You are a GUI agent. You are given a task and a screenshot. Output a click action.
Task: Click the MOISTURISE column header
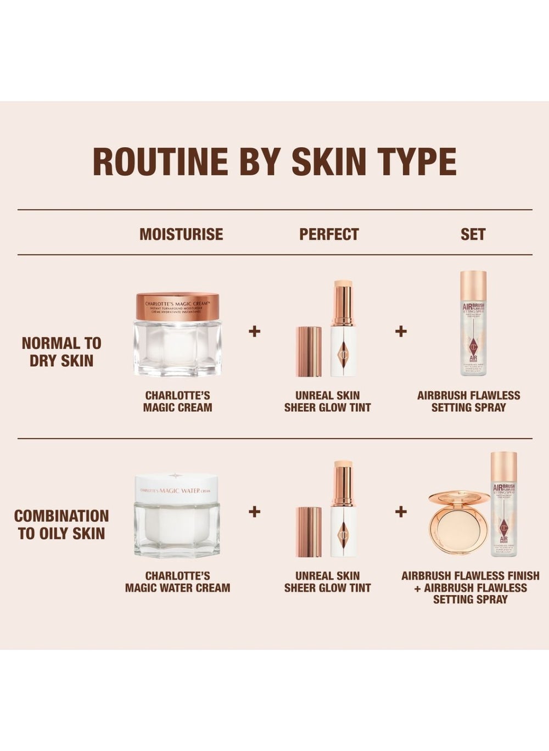(181, 234)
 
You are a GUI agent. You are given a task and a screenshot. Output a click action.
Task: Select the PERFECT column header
(329, 234)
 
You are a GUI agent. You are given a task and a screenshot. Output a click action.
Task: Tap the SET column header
(473, 234)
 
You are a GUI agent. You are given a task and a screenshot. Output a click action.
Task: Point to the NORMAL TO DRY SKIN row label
(61, 352)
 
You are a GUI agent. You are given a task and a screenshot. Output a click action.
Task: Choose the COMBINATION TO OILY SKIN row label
(61, 524)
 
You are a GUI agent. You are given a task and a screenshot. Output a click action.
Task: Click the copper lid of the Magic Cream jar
(177, 306)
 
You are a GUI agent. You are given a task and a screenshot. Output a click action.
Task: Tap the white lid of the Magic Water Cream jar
(177, 486)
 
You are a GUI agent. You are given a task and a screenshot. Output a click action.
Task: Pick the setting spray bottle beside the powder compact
(503, 504)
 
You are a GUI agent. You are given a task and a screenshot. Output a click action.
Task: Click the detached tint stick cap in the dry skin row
(309, 351)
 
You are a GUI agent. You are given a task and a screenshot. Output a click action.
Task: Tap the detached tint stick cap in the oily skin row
(309, 532)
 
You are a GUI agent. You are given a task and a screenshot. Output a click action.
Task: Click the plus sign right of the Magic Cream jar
(254, 331)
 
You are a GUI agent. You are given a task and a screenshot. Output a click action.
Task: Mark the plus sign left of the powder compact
(401, 512)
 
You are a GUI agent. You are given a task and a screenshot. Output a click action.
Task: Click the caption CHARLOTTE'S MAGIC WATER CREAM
(177, 582)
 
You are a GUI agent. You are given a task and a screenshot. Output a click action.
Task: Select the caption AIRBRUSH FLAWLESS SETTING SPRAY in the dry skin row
(468, 401)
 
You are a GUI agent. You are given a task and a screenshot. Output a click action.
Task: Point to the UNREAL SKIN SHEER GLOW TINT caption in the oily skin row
(328, 582)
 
